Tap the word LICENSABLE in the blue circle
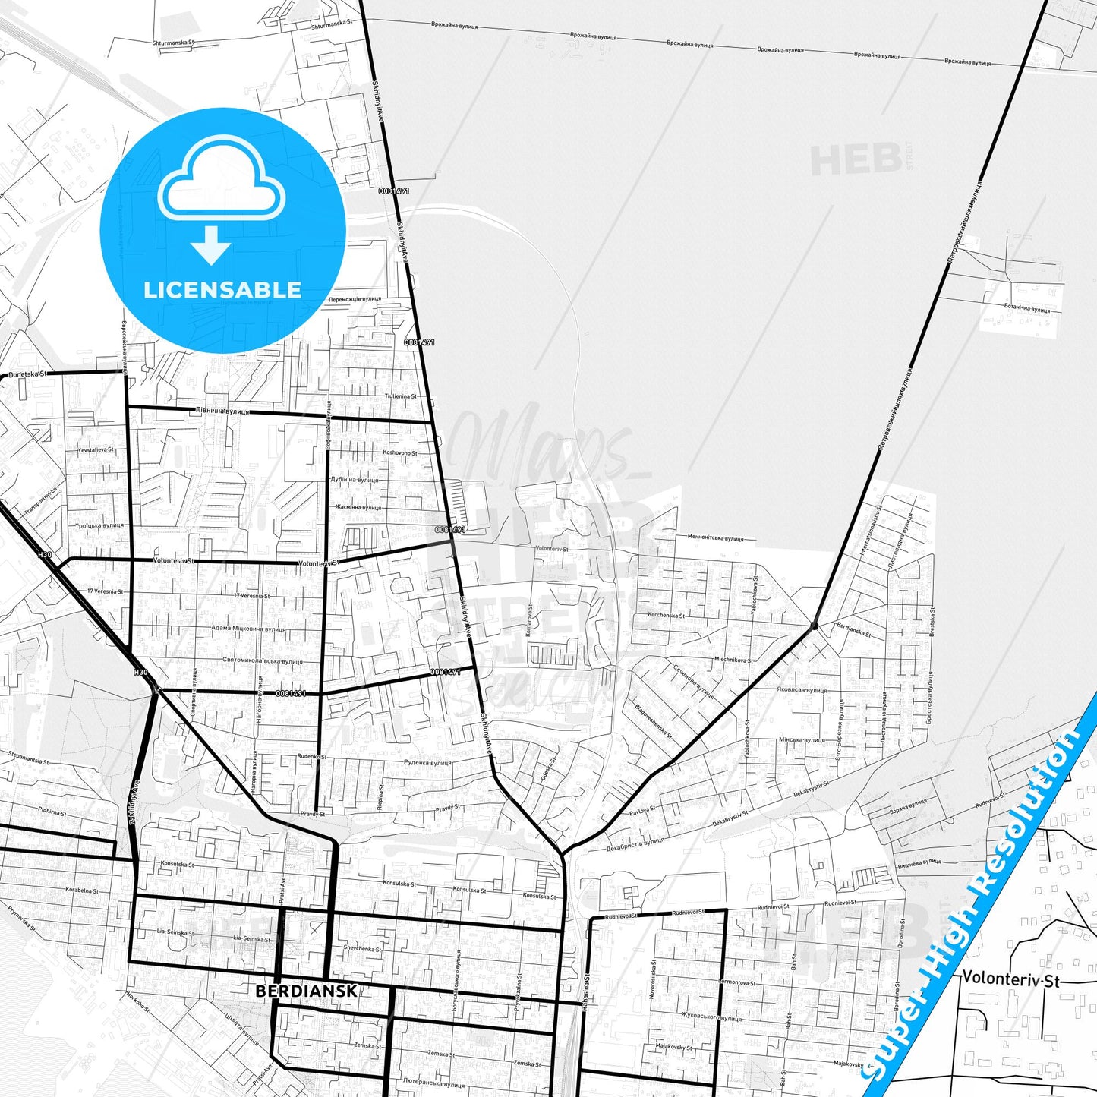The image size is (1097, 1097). click(x=222, y=289)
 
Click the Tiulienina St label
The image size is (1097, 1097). click(x=400, y=396)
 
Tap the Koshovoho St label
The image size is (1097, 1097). click(x=399, y=452)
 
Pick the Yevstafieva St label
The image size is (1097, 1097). click(x=95, y=450)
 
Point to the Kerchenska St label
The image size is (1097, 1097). click(x=666, y=615)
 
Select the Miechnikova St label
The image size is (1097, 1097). click(x=733, y=660)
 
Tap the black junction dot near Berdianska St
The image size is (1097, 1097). click(x=814, y=626)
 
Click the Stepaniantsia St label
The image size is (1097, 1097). click(x=28, y=761)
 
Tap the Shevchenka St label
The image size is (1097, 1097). click(x=362, y=948)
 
